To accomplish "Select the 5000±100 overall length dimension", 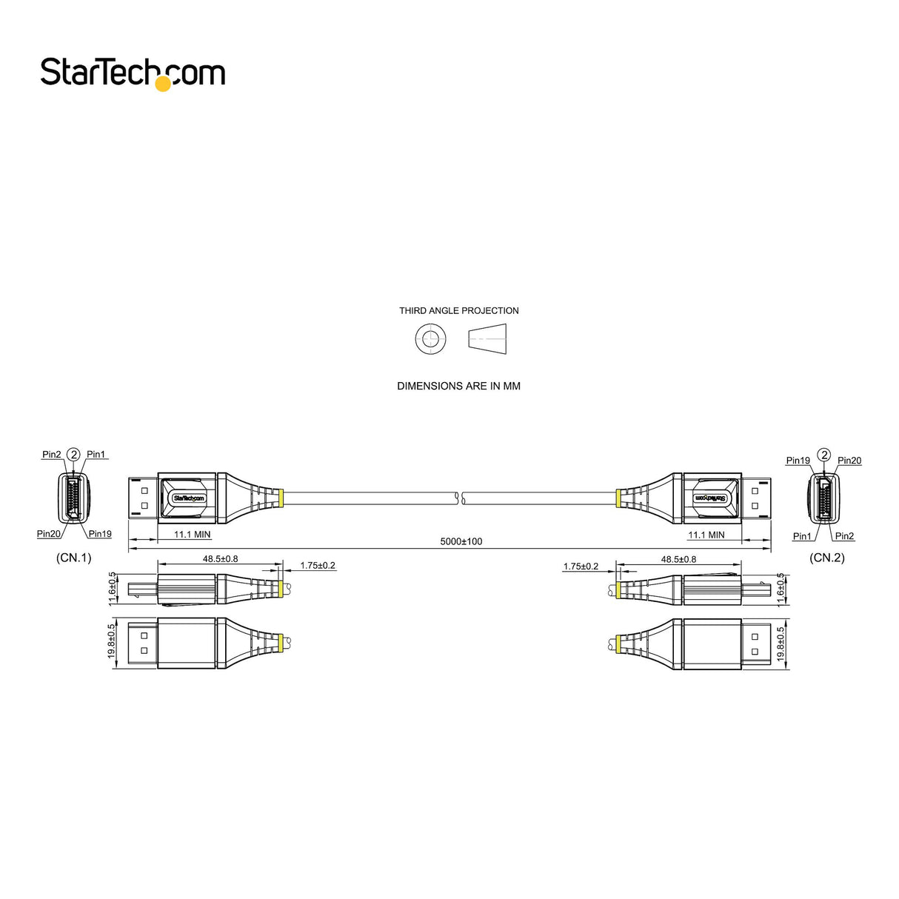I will click(461, 541).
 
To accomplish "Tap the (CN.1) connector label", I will click(74, 558).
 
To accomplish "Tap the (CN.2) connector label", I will click(826, 558).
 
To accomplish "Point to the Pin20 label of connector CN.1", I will click(49, 534).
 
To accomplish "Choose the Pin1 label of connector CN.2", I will click(802, 536).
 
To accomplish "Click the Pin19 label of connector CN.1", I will click(100, 534).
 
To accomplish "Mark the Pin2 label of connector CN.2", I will click(844, 536).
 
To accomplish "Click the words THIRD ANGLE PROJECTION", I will click(458, 311).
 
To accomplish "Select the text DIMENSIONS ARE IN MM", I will click(458, 386).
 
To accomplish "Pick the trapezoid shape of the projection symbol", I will click(487, 340).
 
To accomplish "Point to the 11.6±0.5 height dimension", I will click(113, 589).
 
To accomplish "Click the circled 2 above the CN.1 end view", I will click(73, 454).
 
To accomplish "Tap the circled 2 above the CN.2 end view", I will click(823, 455).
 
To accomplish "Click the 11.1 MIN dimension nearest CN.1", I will click(192, 535).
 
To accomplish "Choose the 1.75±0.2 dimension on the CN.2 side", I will click(581, 567).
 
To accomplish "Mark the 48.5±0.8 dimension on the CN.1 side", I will click(220, 559).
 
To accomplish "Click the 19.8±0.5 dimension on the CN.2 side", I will click(780, 644).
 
